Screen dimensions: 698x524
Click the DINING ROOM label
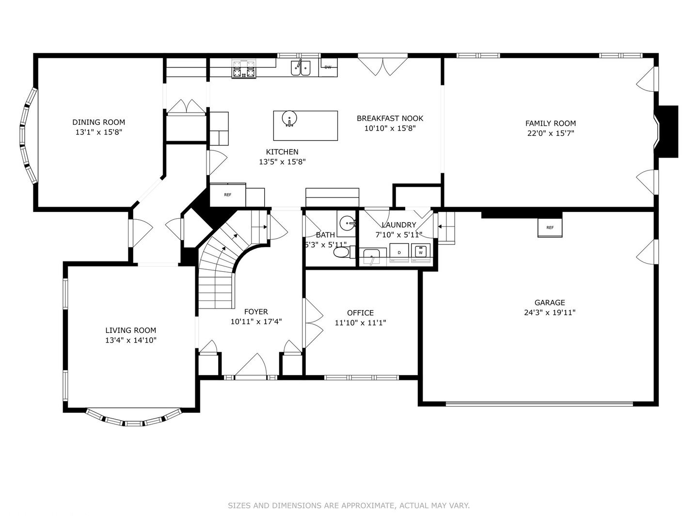click(98, 122)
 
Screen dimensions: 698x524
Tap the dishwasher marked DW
click(328, 67)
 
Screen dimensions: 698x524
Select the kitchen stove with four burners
click(244, 69)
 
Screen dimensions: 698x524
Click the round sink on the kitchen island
click(289, 119)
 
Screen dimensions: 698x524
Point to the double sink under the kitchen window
click(301, 68)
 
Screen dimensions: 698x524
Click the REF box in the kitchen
click(228, 195)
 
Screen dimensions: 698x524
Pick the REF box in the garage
click(550, 228)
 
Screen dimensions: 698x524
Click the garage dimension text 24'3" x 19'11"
click(550, 312)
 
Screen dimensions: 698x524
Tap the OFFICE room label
click(360, 313)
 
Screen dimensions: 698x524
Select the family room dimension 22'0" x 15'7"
click(551, 133)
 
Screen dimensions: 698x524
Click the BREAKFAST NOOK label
click(390, 118)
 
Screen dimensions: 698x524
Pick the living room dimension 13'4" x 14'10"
click(131, 340)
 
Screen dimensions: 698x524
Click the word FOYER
click(256, 311)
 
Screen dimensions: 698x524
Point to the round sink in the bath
click(347, 222)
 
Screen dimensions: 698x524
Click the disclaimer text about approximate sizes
click(349, 505)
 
